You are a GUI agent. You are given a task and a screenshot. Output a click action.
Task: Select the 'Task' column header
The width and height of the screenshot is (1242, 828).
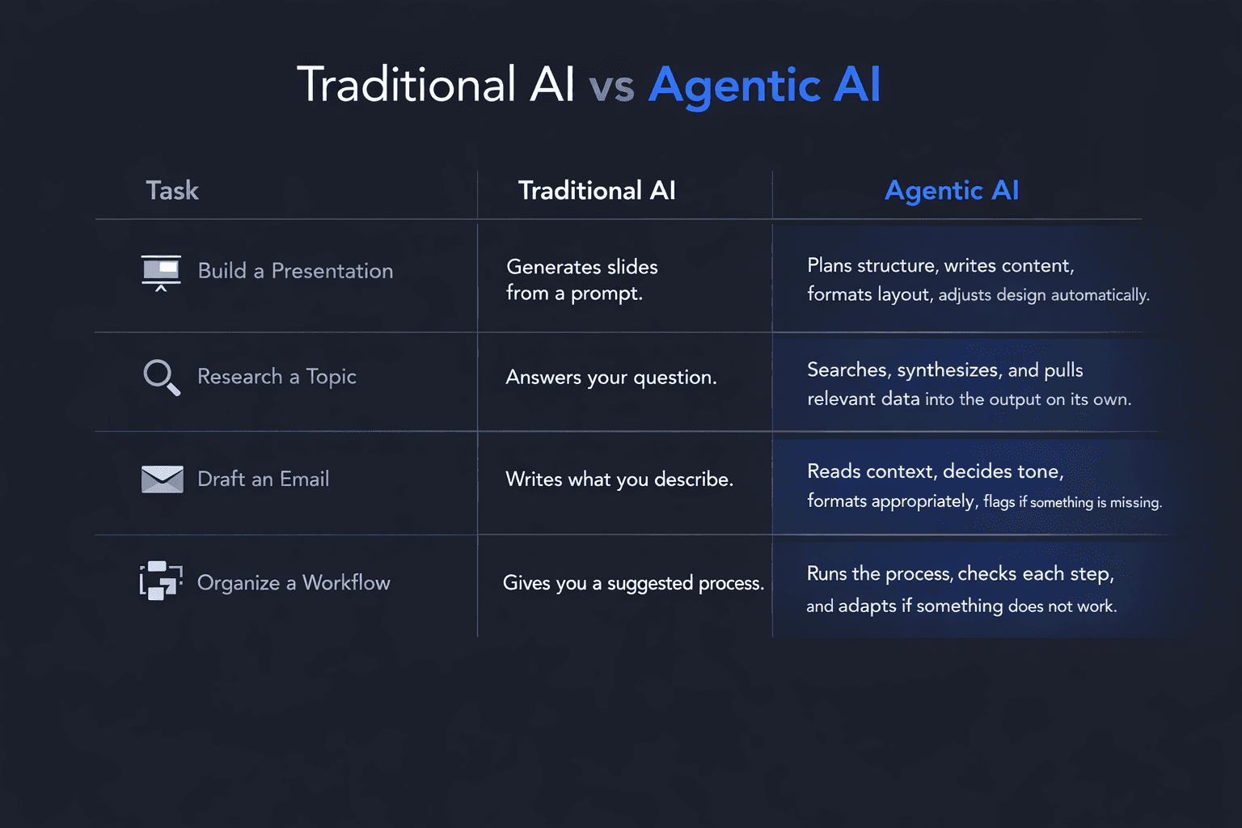pos(172,190)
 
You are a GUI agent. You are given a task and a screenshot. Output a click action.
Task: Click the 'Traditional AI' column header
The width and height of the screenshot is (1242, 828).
pos(597,190)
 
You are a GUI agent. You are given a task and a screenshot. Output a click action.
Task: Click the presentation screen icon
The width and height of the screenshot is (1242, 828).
pos(161,272)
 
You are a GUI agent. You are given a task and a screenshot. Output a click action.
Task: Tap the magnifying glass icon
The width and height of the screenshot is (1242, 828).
pos(162,378)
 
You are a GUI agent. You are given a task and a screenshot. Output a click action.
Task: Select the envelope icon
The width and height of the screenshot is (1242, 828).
pos(162,479)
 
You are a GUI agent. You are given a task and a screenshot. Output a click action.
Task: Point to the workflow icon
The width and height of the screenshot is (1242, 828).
pos(161,581)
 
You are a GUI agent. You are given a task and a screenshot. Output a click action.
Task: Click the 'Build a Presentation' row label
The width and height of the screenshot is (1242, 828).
pos(295,271)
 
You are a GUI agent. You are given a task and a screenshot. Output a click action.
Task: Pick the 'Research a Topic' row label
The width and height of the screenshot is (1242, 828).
pos(277,377)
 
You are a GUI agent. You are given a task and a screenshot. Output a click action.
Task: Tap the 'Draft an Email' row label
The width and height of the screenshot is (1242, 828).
pos(264,479)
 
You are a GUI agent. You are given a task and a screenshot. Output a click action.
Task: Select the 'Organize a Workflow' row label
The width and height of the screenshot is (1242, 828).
pos(294,583)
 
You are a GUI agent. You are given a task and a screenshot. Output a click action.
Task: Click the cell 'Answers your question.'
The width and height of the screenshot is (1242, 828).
pos(611,378)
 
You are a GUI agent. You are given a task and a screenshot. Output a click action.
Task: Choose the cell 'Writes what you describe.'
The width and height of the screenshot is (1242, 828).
pos(619,479)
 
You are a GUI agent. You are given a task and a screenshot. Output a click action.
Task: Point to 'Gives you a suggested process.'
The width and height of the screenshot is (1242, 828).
pos(633,584)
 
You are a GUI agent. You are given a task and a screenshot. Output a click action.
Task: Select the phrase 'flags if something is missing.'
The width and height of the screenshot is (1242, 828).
pos(1072,502)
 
